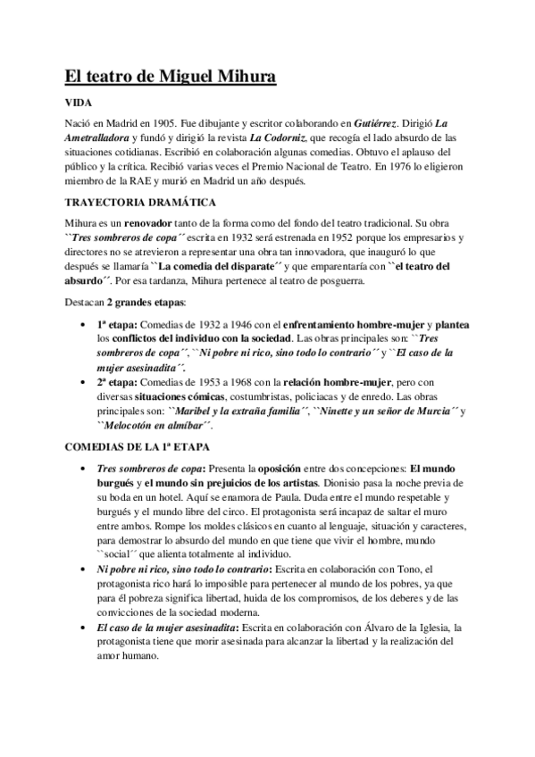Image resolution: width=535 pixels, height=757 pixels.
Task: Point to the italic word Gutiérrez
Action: pos(379,123)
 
